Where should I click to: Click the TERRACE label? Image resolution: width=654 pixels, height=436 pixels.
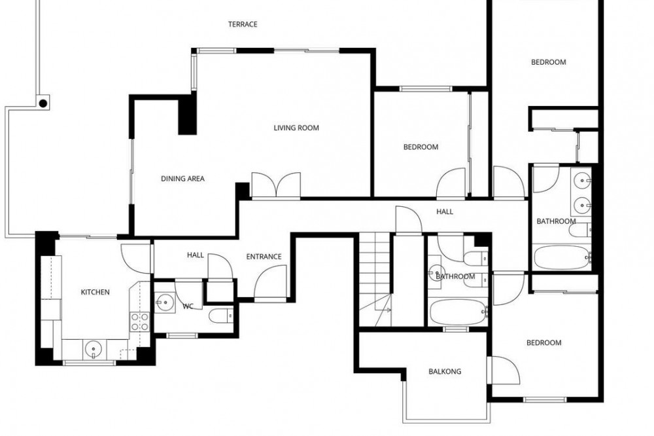(243, 24)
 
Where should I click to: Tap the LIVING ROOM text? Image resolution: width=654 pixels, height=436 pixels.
(296, 128)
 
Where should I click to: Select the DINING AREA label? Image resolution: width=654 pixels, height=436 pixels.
(182, 179)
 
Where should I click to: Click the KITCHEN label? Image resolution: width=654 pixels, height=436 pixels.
(95, 292)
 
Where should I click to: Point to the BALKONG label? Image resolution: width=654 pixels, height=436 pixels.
(445, 371)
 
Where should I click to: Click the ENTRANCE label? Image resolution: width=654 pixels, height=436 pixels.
(264, 257)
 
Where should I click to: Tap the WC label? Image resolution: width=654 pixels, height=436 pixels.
(188, 306)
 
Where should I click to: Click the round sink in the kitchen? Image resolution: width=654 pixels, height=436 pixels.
(93, 349)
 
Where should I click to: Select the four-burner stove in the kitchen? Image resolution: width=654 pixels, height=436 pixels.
(140, 321)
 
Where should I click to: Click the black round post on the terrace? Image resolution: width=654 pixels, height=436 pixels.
(43, 103)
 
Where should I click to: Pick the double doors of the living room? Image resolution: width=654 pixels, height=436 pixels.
(276, 185)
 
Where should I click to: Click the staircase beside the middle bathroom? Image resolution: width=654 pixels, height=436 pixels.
(375, 279)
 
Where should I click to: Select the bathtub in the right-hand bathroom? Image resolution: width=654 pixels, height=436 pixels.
(562, 257)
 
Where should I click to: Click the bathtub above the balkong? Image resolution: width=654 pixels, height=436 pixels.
(458, 312)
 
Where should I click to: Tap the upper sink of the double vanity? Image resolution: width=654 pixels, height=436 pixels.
(582, 181)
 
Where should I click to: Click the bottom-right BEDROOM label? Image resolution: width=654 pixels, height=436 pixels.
(543, 342)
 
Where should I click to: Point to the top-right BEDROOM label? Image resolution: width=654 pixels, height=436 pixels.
(549, 62)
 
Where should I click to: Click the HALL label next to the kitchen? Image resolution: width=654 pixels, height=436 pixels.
(195, 255)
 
